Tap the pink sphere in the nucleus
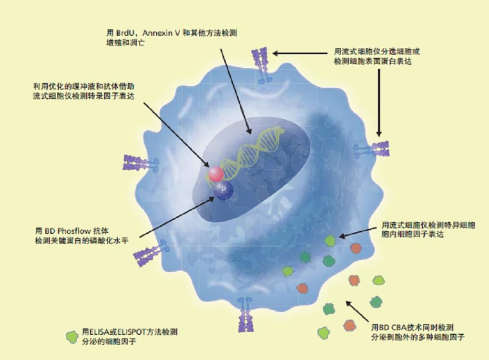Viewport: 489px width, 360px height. point(216,173)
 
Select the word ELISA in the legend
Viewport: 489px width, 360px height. point(99,332)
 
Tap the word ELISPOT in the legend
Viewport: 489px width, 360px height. point(129,332)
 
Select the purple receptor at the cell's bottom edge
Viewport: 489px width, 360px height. point(246,312)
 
